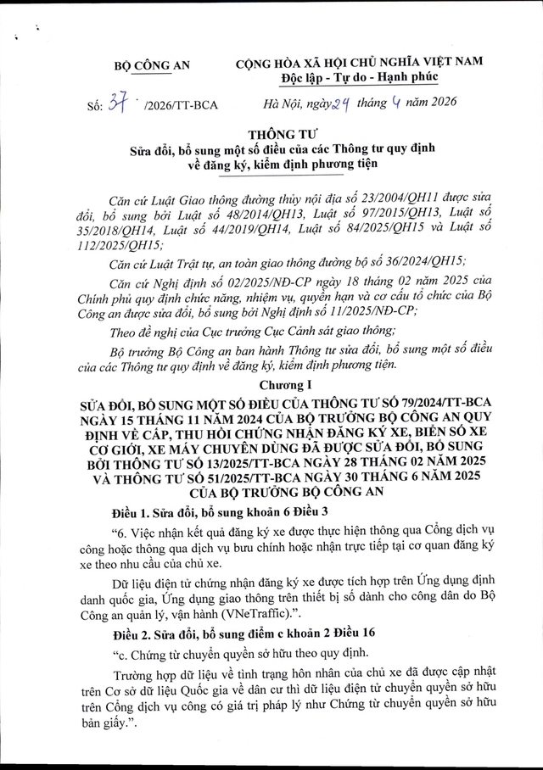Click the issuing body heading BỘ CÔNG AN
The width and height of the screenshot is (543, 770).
[153, 65]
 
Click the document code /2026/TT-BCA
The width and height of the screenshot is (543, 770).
[182, 105]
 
